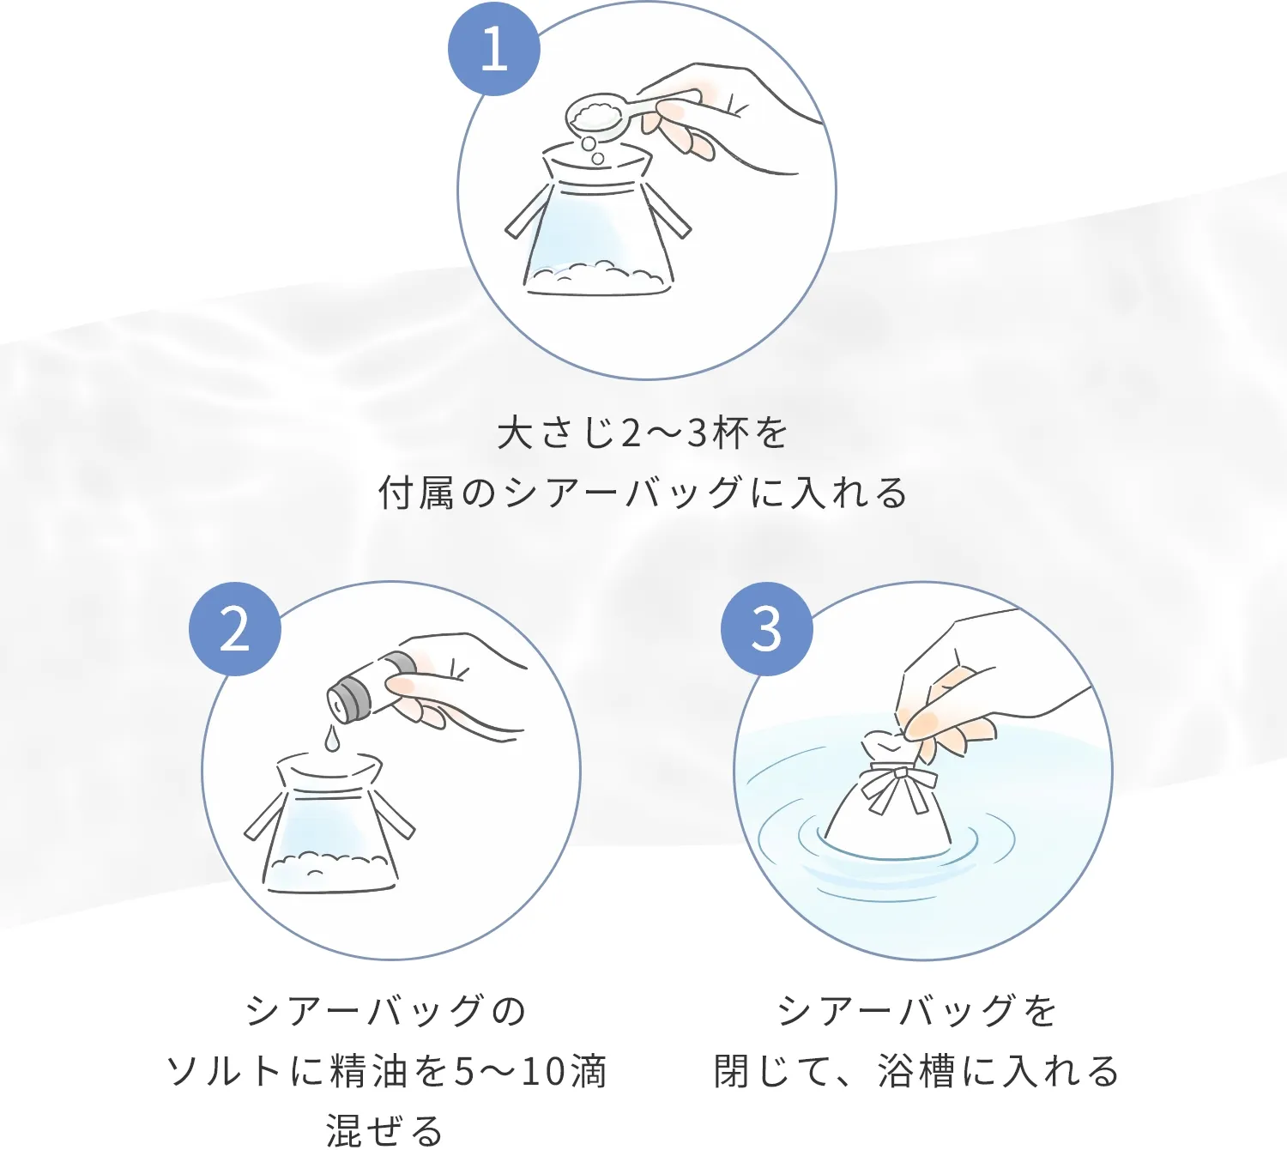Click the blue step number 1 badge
tap(494, 50)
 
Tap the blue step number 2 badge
tap(235, 629)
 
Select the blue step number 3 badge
tap(767, 629)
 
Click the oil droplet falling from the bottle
tap(331, 738)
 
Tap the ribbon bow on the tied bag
tap(899, 787)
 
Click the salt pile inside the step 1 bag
tap(595, 277)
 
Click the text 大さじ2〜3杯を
tap(643, 433)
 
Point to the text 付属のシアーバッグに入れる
tap(643, 493)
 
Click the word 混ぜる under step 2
tap(384, 1131)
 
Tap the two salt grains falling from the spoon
tap(593, 151)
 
